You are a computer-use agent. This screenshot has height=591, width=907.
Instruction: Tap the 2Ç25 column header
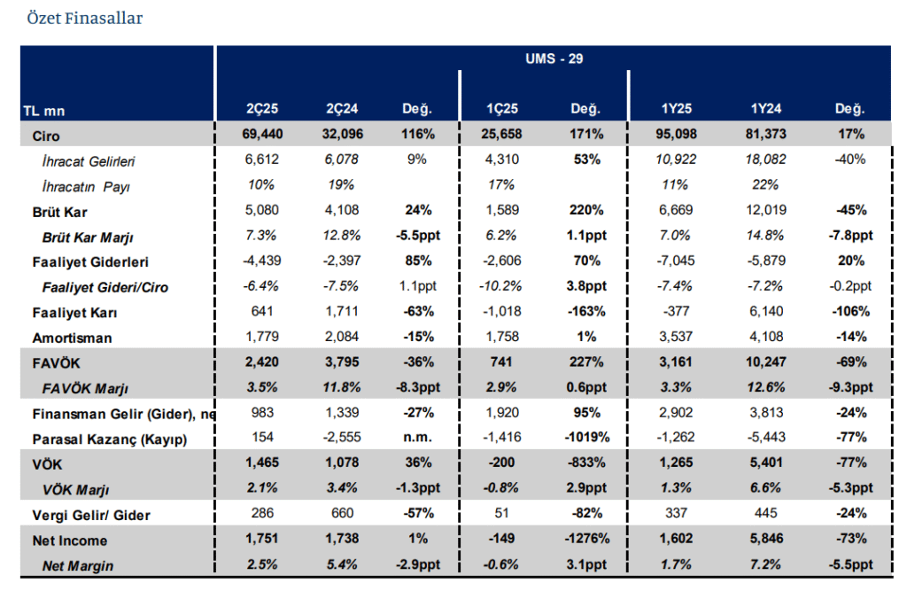[262, 110]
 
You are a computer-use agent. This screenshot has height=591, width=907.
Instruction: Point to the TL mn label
[43, 112]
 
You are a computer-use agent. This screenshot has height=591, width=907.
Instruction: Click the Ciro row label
[46, 136]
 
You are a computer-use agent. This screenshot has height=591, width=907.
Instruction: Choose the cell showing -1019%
[585, 439]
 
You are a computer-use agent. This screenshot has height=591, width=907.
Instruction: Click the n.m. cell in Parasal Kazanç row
[416, 439]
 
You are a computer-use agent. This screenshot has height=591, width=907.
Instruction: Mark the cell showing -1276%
[585, 540]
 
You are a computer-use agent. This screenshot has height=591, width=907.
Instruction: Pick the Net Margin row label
[78, 565]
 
